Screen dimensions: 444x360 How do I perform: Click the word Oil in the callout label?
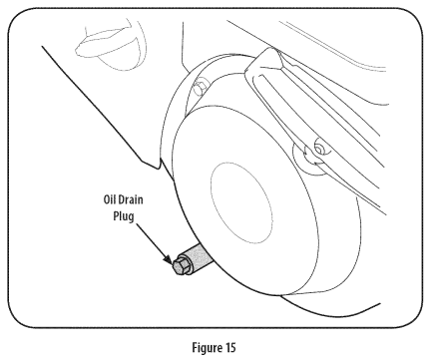[110, 199]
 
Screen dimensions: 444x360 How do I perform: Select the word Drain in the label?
[131, 199]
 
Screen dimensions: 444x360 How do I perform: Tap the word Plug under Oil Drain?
[124, 216]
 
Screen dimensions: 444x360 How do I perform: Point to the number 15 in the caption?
[230, 348]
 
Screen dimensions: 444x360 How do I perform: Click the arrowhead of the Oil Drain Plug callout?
[168, 260]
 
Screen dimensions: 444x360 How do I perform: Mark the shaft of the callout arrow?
[151, 240]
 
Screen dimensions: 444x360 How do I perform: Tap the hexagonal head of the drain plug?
[181, 265]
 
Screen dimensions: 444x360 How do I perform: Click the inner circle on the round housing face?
[241, 202]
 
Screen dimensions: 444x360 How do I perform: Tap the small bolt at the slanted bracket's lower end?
[319, 149]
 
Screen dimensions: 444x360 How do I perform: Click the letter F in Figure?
[196, 347]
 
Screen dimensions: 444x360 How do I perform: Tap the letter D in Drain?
[122, 199]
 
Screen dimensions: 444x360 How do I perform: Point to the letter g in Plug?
[131, 217]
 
